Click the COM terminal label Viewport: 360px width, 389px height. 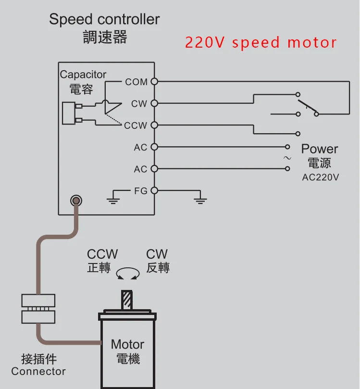pyautogui.click(x=136, y=82)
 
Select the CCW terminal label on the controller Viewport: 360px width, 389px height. pyautogui.click(x=136, y=125)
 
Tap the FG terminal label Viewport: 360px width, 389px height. pyautogui.click(x=141, y=191)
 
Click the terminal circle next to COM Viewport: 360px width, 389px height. pyautogui.click(x=154, y=82)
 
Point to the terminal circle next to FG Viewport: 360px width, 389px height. pyautogui.click(x=154, y=190)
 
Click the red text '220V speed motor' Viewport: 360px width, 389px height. pyautogui.click(x=261, y=42)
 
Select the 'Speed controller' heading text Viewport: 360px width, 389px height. pyautogui.click(x=104, y=20)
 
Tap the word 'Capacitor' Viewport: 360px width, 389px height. pyautogui.click(x=83, y=75)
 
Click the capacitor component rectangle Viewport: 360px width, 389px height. pyautogui.click(x=68, y=113)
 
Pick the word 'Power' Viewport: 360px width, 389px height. pyautogui.click(x=320, y=149)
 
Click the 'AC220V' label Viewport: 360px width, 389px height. pyautogui.click(x=321, y=177)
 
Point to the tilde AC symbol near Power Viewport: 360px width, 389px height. pyautogui.click(x=287, y=158)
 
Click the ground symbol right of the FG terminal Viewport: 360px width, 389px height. pyautogui.click(x=199, y=197)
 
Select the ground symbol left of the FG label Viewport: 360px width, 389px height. pyautogui.click(x=113, y=197)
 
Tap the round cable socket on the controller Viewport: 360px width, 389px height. pyautogui.click(x=75, y=201)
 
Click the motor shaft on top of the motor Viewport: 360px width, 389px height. pyautogui.click(x=127, y=300)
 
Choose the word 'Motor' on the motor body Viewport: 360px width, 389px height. pyautogui.click(x=127, y=344)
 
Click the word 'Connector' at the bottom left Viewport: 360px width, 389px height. pyautogui.click(x=38, y=371)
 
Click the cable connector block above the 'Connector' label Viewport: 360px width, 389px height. pyautogui.click(x=38, y=309)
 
